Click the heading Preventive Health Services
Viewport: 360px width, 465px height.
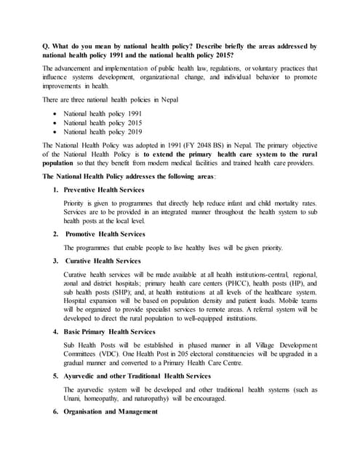click(x=104, y=190)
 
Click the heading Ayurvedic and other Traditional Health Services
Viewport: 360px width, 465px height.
click(x=137, y=376)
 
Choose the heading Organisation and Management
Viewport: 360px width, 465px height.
click(x=110, y=412)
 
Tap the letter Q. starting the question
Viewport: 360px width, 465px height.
click(x=47, y=45)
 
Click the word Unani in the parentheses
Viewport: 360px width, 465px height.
click(x=73, y=399)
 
